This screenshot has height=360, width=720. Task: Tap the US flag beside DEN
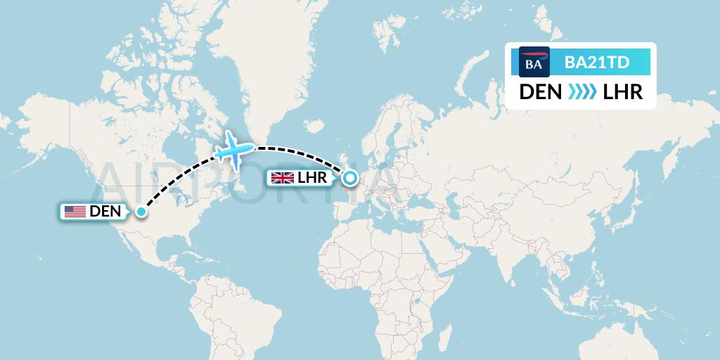click(75, 211)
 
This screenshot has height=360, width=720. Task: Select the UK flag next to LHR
click(283, 178)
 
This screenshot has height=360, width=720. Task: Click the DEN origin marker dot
click(141, 212)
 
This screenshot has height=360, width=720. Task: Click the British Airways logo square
click(534, 62)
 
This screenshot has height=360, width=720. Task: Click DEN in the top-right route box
click(540, 92)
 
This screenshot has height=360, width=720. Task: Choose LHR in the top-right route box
click(623, 92)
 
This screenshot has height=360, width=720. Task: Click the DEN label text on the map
click(105, 211)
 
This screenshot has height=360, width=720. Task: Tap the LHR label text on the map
click(313, 178)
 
